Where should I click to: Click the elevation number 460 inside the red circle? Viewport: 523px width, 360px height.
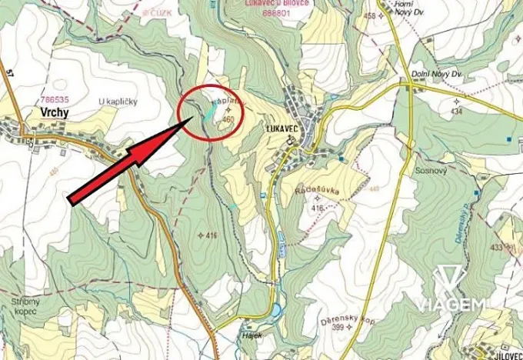[x=227, y=121]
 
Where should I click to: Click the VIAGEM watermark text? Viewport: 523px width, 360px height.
[x=451, y=305]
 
